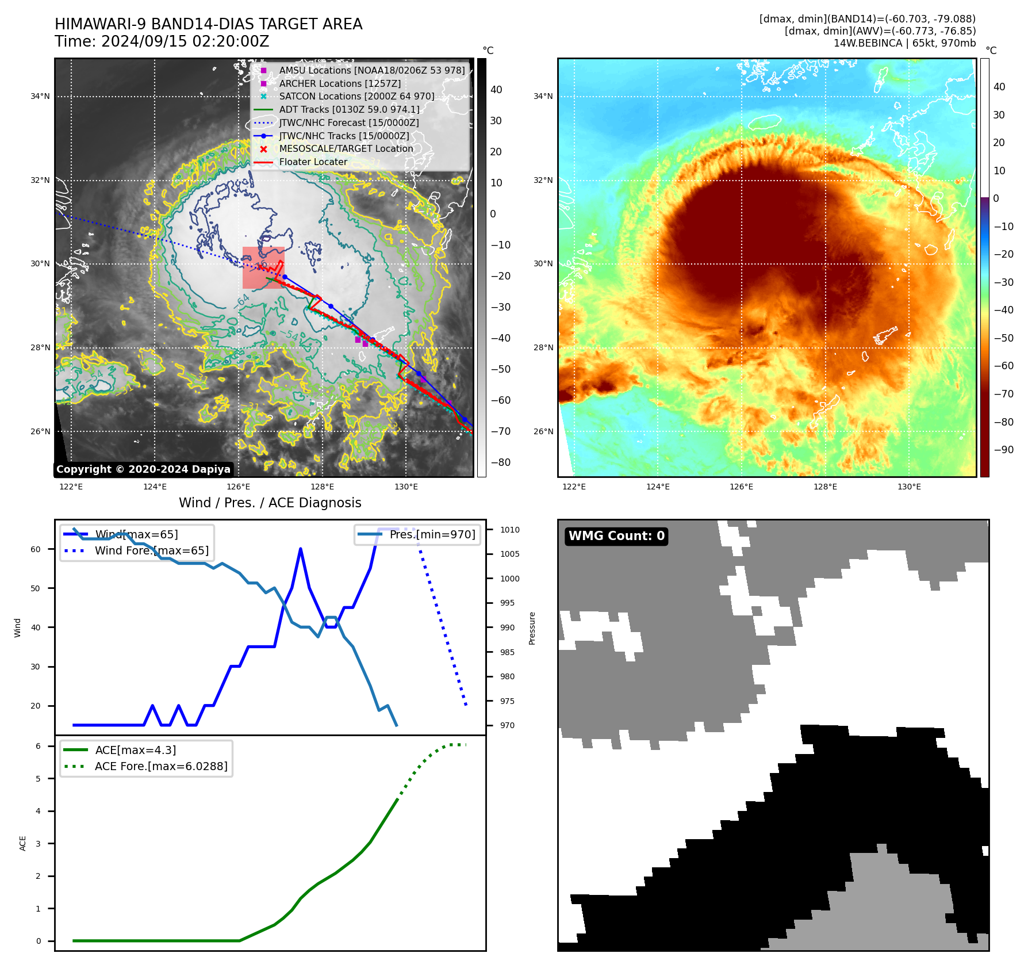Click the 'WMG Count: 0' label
[616, 536]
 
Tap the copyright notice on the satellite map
[143, 469]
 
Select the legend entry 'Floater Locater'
[313, 162]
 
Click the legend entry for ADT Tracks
[349, 109]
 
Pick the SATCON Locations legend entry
[356, 97]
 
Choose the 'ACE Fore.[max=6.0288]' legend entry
[161, 766]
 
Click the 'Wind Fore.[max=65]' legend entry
[152, 550]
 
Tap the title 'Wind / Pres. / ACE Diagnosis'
[270, 503]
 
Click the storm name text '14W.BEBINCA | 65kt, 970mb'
[904, 43]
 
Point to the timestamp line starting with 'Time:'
[162, 41]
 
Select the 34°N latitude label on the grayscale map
[40, 97]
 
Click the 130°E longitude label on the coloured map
[909, 487]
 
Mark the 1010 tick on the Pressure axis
[509, 530]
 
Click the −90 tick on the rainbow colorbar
[1003, 450]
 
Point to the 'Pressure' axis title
[532, 628]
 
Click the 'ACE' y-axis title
[23, 843]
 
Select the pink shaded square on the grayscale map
[263, 267]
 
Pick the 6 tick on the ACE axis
[38, 746]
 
